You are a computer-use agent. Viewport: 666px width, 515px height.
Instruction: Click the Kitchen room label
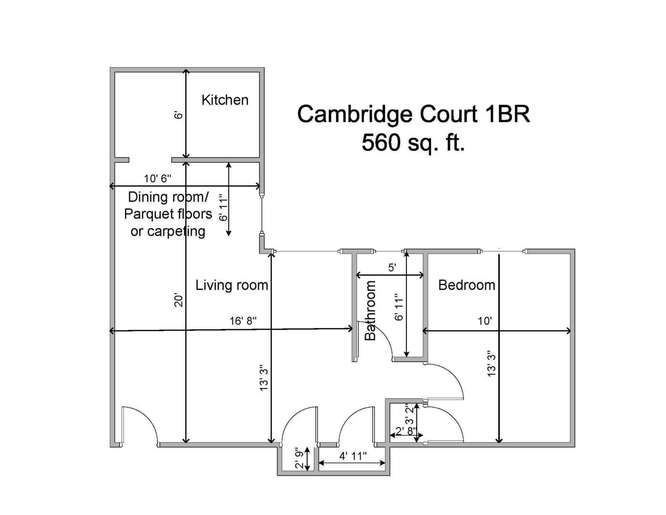pos(225,100)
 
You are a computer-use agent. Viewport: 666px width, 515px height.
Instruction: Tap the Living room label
pos(232,285)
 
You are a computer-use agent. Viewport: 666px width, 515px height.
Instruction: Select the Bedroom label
pos(466,285)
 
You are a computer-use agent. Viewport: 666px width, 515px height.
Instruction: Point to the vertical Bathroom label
pos(370,310)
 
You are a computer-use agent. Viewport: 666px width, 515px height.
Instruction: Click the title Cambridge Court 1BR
pos(413,114)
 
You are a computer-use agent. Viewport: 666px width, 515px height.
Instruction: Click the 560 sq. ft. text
pos(413,142)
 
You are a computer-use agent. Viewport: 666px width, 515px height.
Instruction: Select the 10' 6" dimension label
pos(158,178)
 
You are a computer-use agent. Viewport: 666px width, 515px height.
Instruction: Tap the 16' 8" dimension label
pos(243,321)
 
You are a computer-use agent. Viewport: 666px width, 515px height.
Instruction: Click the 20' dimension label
pos(179,300)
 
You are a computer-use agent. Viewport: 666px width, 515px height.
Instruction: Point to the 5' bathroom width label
pos(392,268)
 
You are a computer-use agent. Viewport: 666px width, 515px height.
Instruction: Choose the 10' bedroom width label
pos(484,321)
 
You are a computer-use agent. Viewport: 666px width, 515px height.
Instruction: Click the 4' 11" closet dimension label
pos(353,456)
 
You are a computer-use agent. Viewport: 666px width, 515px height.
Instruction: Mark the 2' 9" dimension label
pos(299,458)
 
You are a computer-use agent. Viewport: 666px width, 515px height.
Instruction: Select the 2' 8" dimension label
pos(406,431)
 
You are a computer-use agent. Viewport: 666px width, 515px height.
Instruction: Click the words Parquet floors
pos(168,214)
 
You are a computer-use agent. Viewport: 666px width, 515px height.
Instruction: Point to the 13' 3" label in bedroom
pos(492,363)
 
